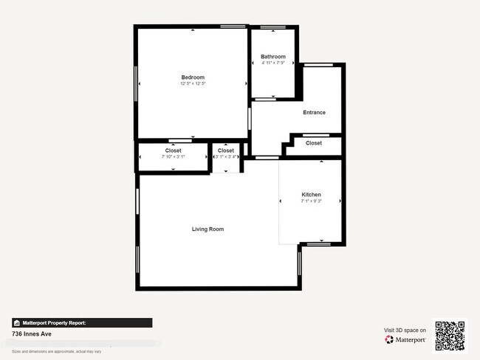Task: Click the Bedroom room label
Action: (x=193, y=77)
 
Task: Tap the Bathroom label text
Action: (x=272, y=57)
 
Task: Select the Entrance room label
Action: (x=314, y=112)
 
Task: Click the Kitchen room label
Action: (x=311, y=195)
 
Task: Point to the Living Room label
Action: (x=208, y=229)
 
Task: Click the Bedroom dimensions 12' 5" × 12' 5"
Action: (x=193, y=84)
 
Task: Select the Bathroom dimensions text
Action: (x=272, y=63)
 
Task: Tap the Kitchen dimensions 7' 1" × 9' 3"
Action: (x=311, y=201)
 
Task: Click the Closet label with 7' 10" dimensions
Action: (x=173, y=150)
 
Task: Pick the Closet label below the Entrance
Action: (x=313, y=143)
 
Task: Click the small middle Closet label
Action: (x=225, y=150)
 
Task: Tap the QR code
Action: (x=450, y=336)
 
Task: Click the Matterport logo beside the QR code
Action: (x=405, y=339)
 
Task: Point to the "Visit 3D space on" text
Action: (x=405, y=330)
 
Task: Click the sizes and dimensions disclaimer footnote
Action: (x=57, y=351)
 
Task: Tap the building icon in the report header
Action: (x=16, y=323)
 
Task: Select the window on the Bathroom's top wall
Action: (x=272, y=28)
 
